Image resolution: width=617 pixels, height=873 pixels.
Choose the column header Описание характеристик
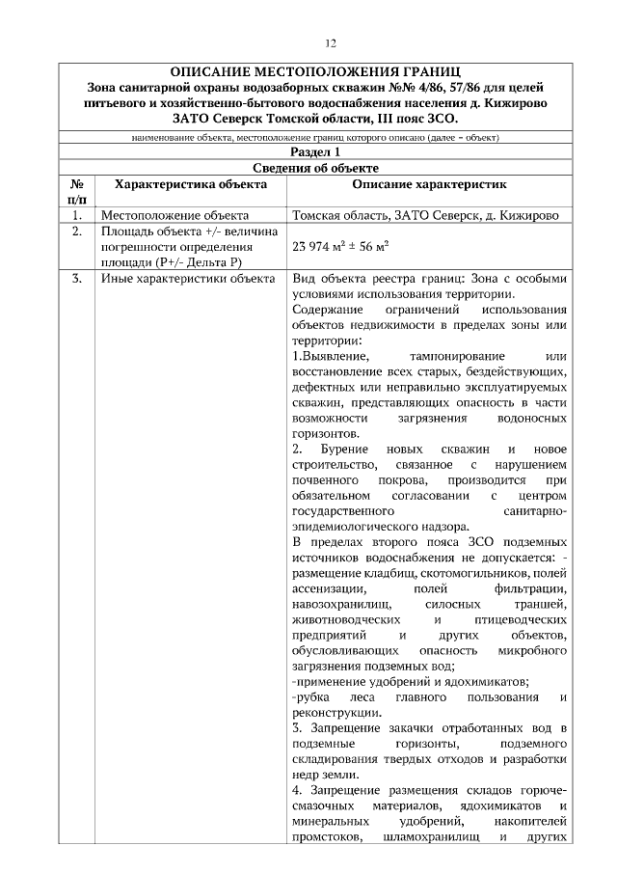point(428,182)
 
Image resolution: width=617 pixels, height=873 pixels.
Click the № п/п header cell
point(76,190)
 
